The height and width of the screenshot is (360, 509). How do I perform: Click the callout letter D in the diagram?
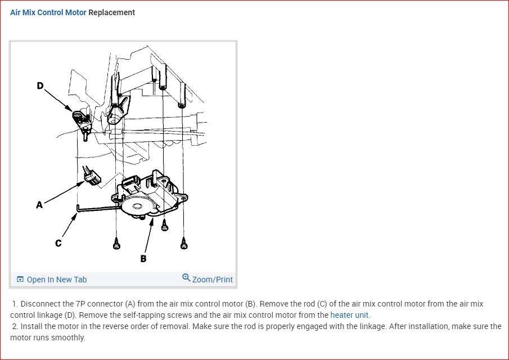click(x=39, y=85)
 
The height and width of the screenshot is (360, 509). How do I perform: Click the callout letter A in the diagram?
click(x=39, y=205)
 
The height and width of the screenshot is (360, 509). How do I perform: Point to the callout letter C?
click(x=58, y=243)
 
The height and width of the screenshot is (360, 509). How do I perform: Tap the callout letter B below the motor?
click(x=143, y=258)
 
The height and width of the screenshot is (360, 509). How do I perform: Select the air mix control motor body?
click(x=148, y=194)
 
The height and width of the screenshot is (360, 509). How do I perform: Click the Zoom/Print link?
click(x=212, y=280)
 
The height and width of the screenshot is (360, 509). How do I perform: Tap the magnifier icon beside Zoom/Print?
click(x=186, y=277)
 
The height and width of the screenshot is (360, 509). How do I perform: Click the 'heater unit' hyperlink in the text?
click(x=349, y=315)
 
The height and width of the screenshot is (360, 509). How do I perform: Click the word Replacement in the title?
click(x=112, y=12)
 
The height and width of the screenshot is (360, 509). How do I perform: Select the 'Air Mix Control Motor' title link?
click(x=48, y=12)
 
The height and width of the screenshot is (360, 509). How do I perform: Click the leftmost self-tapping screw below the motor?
click(x=116, y=244)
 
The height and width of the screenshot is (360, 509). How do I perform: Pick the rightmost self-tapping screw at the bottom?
click(x=183, y=244)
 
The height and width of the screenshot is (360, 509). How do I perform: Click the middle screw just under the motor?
click(x=165, y=225)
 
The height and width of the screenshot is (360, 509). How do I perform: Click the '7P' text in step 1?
click(x=80, y=304)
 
